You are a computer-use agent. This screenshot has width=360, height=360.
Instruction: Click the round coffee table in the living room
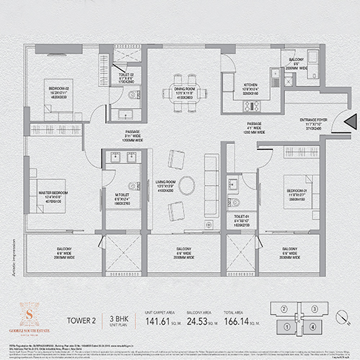(186, 185)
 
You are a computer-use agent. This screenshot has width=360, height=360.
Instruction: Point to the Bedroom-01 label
(297, 179)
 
